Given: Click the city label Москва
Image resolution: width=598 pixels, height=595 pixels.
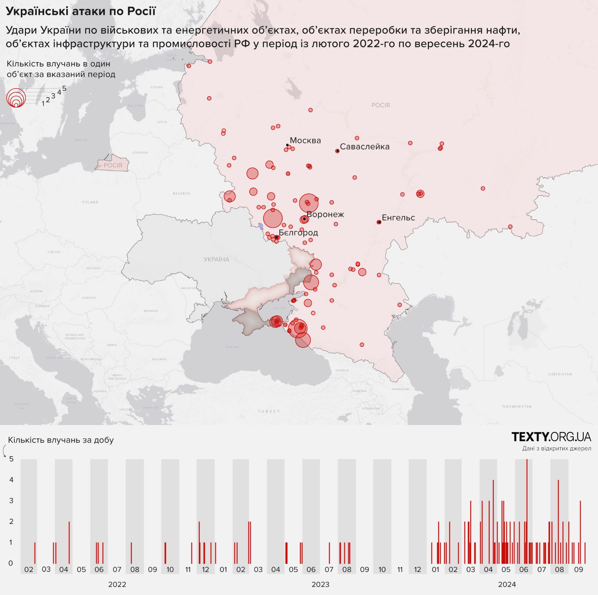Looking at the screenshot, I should coord(305,140).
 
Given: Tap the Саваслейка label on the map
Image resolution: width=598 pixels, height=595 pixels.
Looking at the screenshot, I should coord(365,147).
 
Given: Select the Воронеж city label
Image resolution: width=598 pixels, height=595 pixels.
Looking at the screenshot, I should coord(325,214).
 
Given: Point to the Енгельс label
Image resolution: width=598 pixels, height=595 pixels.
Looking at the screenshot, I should coord(398,218).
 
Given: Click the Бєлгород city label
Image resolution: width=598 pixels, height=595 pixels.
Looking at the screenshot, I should coord(298,233).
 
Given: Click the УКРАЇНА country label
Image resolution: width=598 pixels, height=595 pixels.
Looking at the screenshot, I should coord(216,260).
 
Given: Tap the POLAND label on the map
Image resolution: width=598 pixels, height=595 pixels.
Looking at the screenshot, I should coord(90,202).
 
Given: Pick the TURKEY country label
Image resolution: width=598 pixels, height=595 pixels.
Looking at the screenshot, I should coord(269,411).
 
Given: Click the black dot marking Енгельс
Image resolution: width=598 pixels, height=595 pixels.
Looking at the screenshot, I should coord(379,222).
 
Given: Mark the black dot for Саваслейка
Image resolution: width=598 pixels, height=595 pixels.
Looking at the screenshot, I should coord(337,151).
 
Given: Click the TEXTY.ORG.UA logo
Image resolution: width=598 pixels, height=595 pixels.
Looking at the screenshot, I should coord(551,437).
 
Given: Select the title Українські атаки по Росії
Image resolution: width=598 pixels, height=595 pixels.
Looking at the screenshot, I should coord(81,11).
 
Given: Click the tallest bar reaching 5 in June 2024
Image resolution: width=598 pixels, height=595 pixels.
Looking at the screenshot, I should coord(527,511).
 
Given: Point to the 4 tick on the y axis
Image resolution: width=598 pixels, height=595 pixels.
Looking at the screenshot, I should coord(11,480).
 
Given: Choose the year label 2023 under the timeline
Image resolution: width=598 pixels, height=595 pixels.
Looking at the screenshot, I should coord(320,584).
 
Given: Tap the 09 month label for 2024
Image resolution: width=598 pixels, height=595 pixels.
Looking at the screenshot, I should coord(578,569).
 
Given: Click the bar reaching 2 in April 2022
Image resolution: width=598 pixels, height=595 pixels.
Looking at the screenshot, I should coord(69,542).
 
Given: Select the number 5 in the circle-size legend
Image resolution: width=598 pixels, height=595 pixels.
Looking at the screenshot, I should coord(64,89).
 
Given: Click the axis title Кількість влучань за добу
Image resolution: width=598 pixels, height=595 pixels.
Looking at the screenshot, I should coord(61,440).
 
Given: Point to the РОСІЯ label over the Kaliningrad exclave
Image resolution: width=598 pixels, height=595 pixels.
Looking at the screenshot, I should coord(113,165).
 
